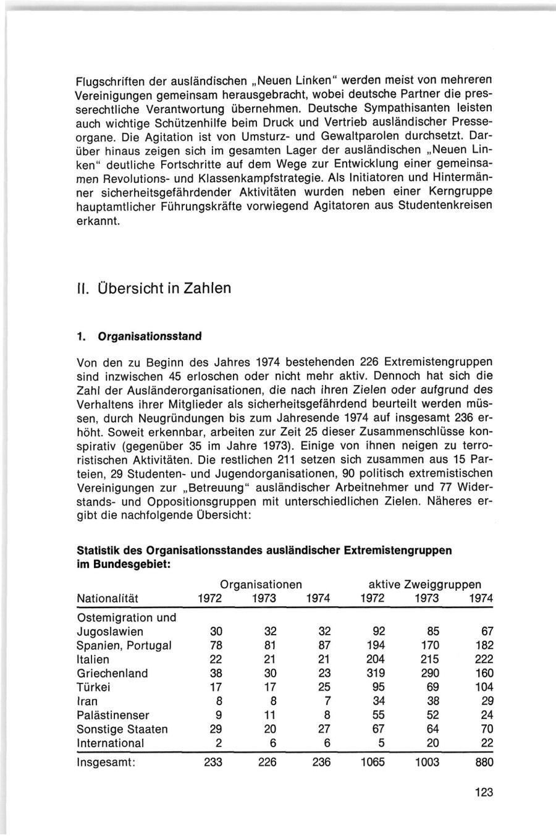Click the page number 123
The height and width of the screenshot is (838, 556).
click(484, 792)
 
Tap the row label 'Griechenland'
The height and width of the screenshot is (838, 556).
click(112, 673)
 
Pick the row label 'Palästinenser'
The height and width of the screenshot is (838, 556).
click(113, 715)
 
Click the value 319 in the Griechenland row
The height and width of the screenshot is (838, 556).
click(372, 673)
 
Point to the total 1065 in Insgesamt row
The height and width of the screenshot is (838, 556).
click(372, 762)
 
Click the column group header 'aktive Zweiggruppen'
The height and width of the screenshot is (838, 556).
click(424, 584)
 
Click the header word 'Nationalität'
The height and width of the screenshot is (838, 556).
click(107, 598)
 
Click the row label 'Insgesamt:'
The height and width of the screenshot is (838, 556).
click(106, 762)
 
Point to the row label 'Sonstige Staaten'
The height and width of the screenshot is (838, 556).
click(122, 729)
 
